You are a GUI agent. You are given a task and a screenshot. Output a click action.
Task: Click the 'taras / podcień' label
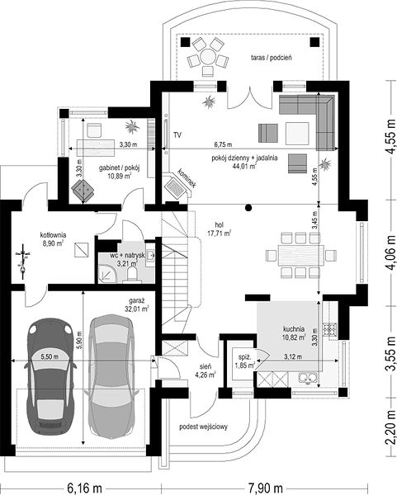(272, 58)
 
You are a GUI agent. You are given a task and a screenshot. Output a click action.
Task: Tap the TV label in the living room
(177, 135)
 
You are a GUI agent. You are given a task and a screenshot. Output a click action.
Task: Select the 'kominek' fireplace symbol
(177, 188)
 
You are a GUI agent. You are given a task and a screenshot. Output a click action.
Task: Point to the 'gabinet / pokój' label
(119, 168)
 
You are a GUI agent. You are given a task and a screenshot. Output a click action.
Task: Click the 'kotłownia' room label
(53, 235)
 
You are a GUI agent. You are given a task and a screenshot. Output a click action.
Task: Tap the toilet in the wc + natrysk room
(132, 274)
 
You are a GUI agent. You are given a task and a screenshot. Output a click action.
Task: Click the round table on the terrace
(207, 56)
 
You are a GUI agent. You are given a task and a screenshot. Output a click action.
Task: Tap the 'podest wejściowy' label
(203, 427)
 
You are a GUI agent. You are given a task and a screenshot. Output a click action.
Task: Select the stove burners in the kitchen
(329, 329)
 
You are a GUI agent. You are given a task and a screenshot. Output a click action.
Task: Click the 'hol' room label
(220, 225)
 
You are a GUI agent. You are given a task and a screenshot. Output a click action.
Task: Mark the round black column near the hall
(248, 207)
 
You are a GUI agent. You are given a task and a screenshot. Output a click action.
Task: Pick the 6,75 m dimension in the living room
(223, 144)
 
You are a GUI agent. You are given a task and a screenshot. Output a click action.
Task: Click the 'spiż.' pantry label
(245, 358)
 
